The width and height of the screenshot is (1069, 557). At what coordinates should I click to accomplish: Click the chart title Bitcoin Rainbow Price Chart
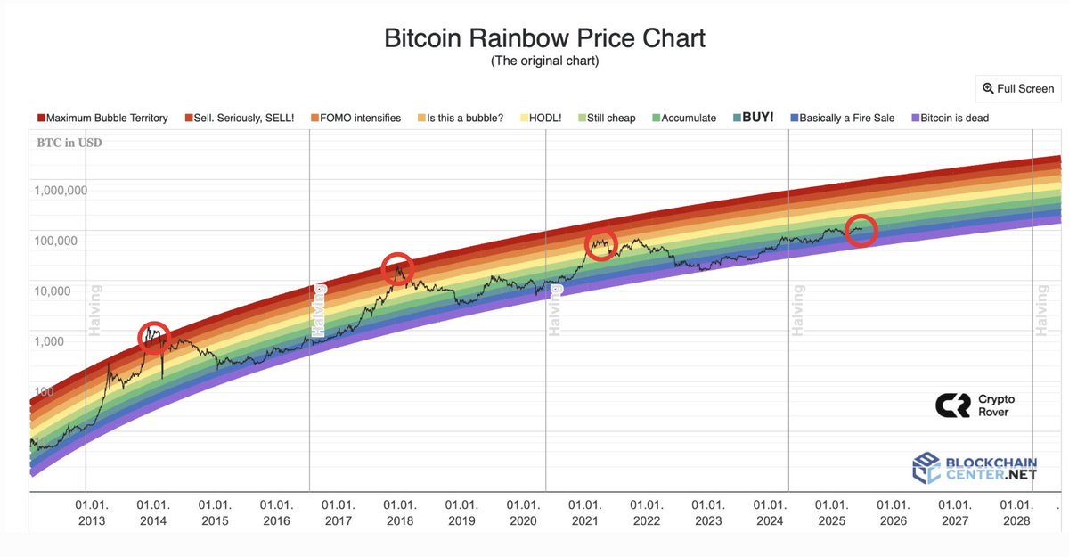(544, 38)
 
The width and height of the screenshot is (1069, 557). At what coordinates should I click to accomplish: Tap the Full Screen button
(1018, 88)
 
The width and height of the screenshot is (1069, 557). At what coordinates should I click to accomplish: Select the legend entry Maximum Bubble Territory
(102, 118)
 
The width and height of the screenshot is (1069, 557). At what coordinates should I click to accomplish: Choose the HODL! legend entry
(552, 118)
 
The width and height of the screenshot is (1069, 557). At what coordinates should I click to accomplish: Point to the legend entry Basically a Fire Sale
(849, 118)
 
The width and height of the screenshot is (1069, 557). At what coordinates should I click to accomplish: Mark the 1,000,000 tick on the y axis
(61, 190)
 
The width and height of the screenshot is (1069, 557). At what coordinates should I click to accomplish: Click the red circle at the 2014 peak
(155, 336)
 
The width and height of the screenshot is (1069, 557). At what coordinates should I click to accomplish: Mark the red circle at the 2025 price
(861, 231)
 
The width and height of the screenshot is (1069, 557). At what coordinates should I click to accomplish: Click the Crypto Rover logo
(974, 405)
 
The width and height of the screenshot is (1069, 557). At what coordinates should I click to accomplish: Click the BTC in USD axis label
(69, 143)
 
